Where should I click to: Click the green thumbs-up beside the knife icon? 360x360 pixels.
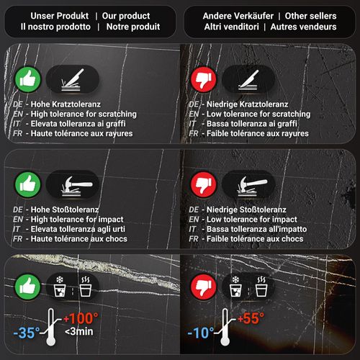pyautogui.click(x=28, y=79)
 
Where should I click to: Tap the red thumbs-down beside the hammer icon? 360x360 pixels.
pyautogui.click(x=204, y=184)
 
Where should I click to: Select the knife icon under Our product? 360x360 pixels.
pyautogui.click(x=72, y=79)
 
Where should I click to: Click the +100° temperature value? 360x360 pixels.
pyautogui.click(x=81, y=318)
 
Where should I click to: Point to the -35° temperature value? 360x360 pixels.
pyautogui.click(x=27, y=333)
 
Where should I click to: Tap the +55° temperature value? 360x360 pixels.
pyautogui.click(x=251, y=318)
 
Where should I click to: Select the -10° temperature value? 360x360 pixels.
pyautogui.click(x=201, y=333)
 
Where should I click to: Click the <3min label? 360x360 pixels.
pyautogui.click(x=79, y=331)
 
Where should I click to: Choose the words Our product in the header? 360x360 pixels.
pyautogui.click(x=126, y=16)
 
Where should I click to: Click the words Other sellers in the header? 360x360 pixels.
pyautogui.click(x=310, y=16)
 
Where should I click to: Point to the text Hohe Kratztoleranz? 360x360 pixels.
pyautogui.click(x=66, y=104)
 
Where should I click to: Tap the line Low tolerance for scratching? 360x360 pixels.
pyautogui.click(x=258, y=114)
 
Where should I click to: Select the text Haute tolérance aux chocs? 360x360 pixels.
pyautogui.click(x=79, y=239)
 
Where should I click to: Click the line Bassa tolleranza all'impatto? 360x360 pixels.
pyautogui.click(x=256, y=229)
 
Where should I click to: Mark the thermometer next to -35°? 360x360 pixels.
pyautogui.click(x=51, y=327)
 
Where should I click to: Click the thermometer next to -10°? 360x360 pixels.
pyautogui.click(x=225, y=327)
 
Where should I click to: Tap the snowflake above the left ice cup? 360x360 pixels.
pyautogui.click(x=60, y=279)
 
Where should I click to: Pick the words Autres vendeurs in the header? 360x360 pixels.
pyautogui.click(x=303, y=27)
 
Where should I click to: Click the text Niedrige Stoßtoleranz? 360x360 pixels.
pyautogui.click(x=246, y=210)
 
